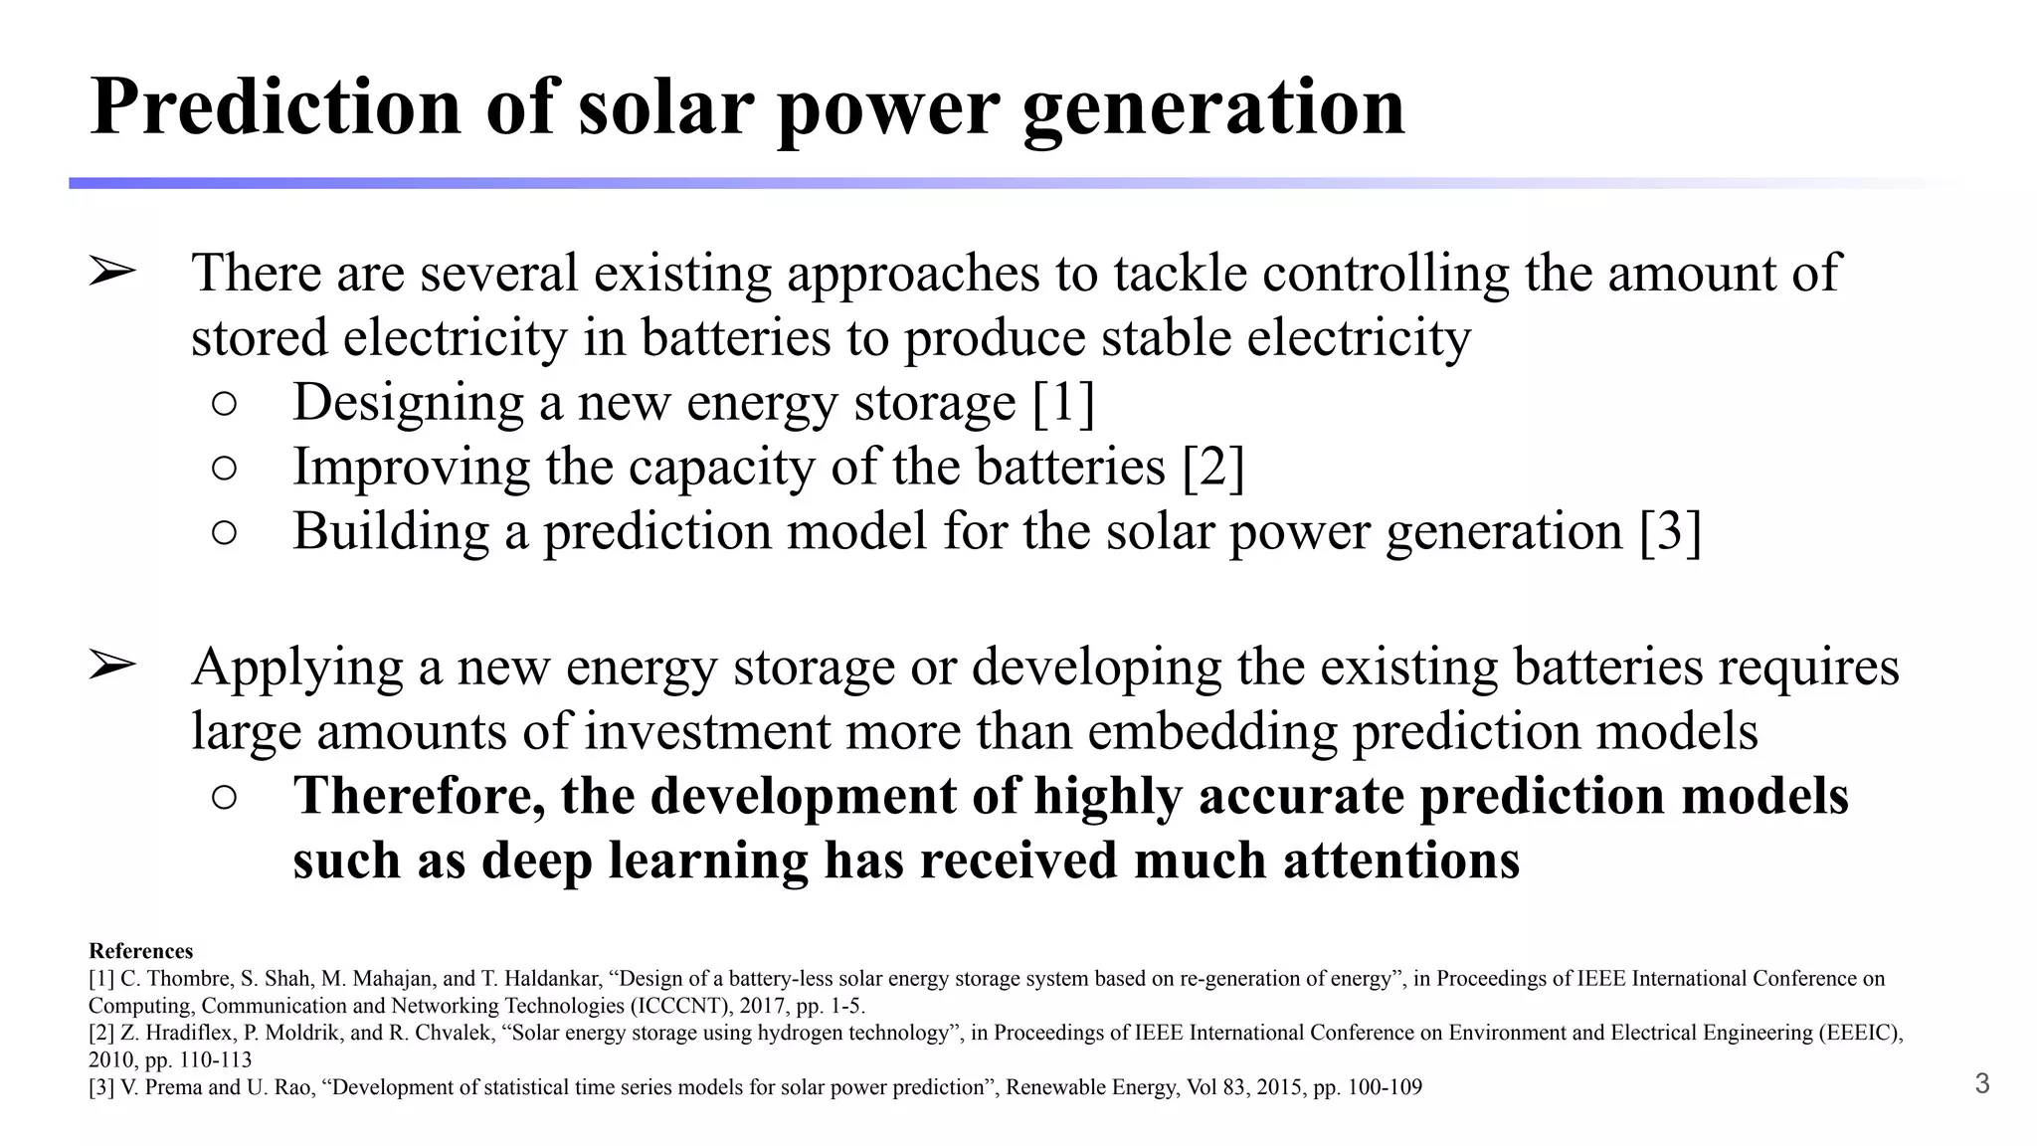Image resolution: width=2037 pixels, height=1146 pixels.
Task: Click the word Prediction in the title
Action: click(x=276, y=106)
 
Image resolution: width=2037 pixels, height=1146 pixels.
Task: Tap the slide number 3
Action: click(x=1981, y=1083)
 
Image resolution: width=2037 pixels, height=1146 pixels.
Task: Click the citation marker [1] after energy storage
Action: click(x=1063, y=402)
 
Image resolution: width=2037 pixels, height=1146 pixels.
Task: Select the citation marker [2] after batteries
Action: click(x=1213, y=467)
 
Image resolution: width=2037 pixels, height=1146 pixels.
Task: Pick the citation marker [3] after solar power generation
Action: click(x=1671, y=531)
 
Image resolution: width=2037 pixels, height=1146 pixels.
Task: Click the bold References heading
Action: click(x=140, y=951)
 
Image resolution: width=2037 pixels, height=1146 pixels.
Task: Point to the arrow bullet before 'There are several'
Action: click(x=111, y=272)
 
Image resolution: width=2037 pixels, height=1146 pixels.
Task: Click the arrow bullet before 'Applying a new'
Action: click(x=111, y=666)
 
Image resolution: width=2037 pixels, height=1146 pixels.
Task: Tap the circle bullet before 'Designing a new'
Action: click(x=225, y=403)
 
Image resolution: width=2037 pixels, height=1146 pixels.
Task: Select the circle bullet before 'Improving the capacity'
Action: click(x=225, y=468)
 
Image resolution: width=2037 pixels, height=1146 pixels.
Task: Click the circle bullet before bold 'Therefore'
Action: click(x=225, y=797)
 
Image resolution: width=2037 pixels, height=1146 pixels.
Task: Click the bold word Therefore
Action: click(x=419, y=796)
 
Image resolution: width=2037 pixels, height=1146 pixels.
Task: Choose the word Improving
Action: click(x=411, y=468)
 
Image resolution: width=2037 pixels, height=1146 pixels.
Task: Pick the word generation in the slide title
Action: click(x=1213, y=106)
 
